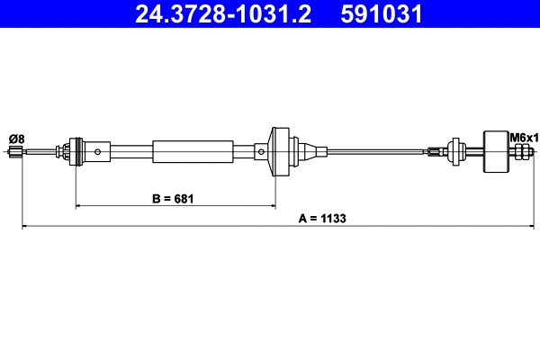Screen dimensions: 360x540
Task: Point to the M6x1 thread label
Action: pos(523,138)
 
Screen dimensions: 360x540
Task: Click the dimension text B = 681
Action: pos(170,196)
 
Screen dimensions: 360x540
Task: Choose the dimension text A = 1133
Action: pos(321,218)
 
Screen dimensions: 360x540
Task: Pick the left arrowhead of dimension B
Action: pos(79,206)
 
